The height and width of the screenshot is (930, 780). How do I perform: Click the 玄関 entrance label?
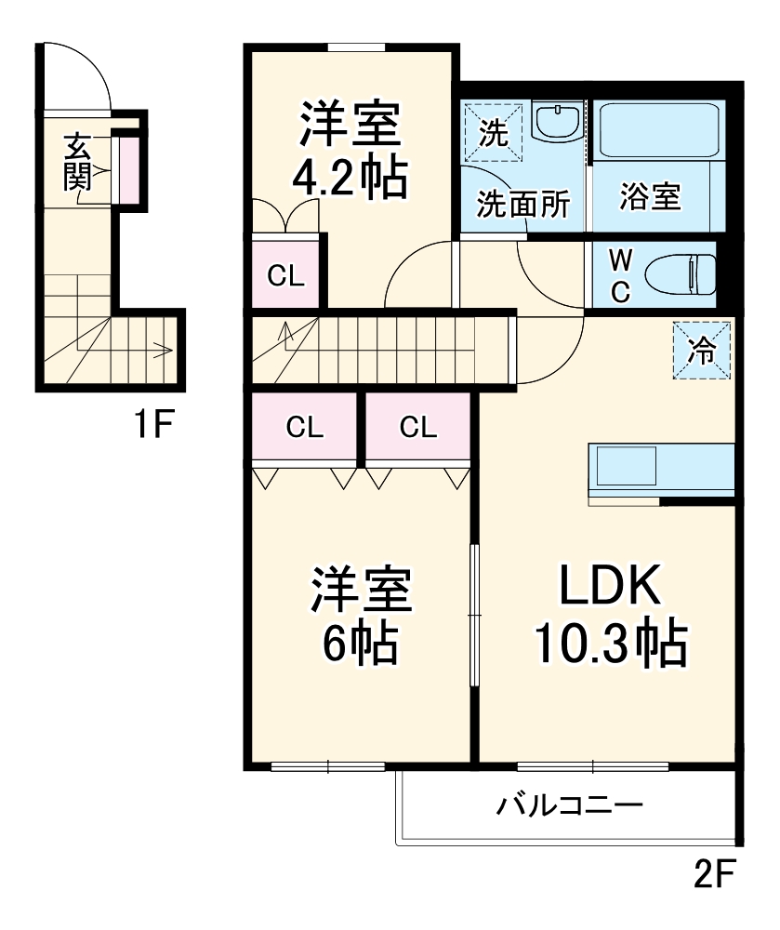[x=76, y=163]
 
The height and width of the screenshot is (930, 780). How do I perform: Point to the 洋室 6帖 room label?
[x=358, y=615]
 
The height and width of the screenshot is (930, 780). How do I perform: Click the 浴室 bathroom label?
[x=651, y=197]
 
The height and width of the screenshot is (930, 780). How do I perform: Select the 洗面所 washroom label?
[x=523, y=205]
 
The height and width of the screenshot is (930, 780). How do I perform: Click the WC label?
[x=620, y=274]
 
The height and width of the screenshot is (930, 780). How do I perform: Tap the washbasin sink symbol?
[x=559, y=124]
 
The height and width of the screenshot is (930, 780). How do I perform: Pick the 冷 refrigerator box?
[x=702, y=351]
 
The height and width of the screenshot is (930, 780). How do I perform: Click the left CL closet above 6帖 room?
[x=304, y=427]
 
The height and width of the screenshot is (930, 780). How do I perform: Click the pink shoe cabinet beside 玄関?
[x=128, y=168]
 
